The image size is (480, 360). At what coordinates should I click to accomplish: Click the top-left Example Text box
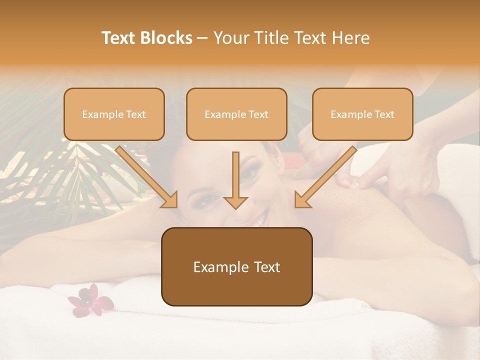114,114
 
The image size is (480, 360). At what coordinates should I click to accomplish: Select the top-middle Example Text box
236,114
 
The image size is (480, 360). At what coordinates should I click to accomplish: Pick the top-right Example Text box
362,114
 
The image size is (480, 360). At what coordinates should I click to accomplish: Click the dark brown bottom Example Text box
236,266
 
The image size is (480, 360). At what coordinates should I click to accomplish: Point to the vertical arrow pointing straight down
236,180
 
